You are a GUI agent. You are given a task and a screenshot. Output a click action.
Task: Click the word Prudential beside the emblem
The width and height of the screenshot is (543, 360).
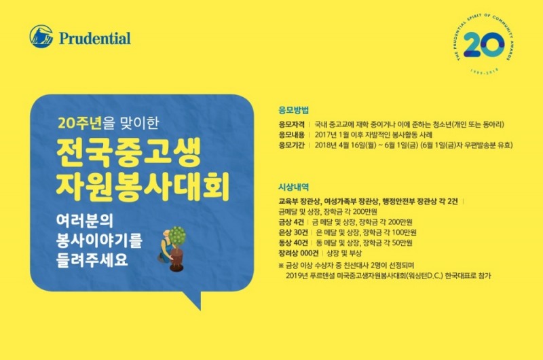click(95, 38)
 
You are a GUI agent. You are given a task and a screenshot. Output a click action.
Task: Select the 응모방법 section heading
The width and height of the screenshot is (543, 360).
click(293, 110)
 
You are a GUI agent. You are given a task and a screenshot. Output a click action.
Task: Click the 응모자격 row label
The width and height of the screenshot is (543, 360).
click(291, 126)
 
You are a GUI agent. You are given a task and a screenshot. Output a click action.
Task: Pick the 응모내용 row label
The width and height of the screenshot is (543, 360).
click(291, 135)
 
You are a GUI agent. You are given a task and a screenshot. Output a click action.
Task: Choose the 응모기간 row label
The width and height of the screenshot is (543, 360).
click(291, 145)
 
